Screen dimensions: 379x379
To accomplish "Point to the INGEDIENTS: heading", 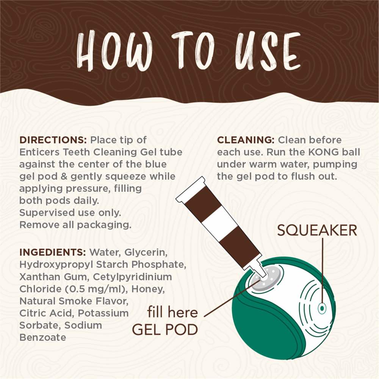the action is [x=52, y=252].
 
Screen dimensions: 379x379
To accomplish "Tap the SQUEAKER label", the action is [x=317, y=230].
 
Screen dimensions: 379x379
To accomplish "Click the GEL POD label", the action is [x=165, y=329].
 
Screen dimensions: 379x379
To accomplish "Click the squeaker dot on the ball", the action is [x=322, y=308].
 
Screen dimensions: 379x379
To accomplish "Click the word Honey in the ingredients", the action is [x=148, y=289].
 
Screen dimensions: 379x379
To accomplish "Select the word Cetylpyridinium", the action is [x=132, y=277].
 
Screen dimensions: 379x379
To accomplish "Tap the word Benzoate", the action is [x=42, y=337].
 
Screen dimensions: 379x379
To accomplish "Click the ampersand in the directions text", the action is [x=64, y=177].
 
